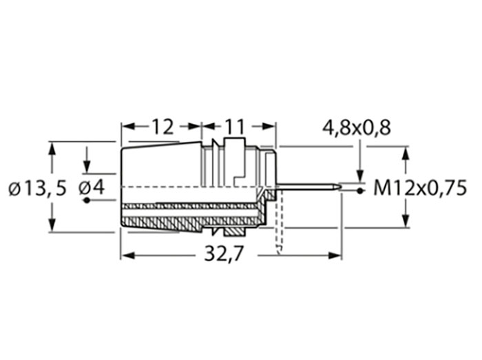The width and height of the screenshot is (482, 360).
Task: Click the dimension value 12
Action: pyautogui.click(x=161, y=126)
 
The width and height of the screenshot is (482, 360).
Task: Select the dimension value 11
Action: pyautogui.click(x=234, y=126)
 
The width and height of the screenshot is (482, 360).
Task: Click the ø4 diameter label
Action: pyautogui.click(x=91, y=187)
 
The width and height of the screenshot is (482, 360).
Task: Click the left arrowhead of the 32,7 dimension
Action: pyautogui.click(x=127, y=255)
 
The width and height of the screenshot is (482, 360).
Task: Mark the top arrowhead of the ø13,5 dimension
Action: pyautogui.click(x=51, y=147)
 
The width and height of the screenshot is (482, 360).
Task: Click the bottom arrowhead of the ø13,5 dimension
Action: pyautogui.click(x=51, y=226)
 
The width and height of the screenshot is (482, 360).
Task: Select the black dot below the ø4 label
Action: pyautogui.click(x=87, y=201)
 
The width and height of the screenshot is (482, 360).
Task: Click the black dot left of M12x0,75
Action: pyautogui.click(x=360, y=189)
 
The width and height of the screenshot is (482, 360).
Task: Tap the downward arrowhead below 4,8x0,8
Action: pyautogui.click(x=360, y=177)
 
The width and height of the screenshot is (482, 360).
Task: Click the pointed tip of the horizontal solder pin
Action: pyautogui.click(x=339, y=185)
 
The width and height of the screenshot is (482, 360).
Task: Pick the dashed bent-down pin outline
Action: pyautogui.click(x=280, y=227)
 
